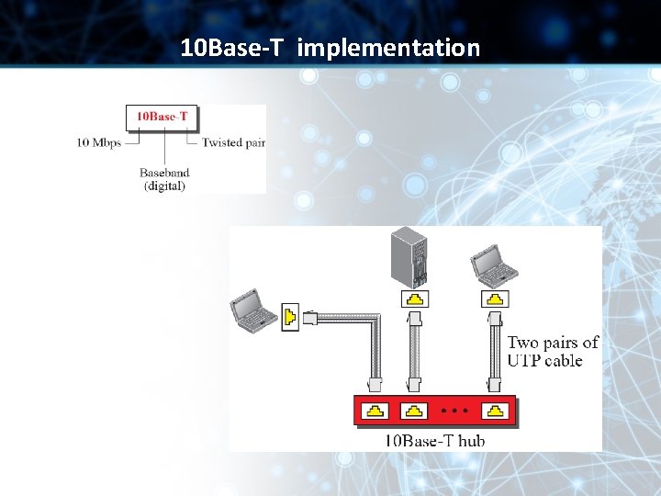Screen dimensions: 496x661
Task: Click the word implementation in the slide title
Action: click(388, 48)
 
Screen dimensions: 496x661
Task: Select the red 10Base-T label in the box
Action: click(162, 117)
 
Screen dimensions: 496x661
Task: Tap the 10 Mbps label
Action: click(99, 142)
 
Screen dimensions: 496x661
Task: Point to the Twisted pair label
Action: click(233, 142)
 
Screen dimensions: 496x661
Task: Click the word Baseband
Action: click(164, 172)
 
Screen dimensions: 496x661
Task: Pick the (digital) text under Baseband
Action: click(164, 186)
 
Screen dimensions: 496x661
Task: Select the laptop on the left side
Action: click(253, 310)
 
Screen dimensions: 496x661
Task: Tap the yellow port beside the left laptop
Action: click(288, 318)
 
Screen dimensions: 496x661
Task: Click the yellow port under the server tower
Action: click(416, 299)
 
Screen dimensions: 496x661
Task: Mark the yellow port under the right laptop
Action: click(496, 299)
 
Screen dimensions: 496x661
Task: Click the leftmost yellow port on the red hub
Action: click(375, 410)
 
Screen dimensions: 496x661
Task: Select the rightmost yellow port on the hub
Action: click(496, 410)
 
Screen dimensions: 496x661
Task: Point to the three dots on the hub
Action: click(454, 409)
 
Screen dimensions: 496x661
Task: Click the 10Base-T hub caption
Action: click(434, 441)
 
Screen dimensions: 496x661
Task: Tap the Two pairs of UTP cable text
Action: click(553, 351)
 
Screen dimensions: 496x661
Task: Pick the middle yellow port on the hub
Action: click(416, 410)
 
